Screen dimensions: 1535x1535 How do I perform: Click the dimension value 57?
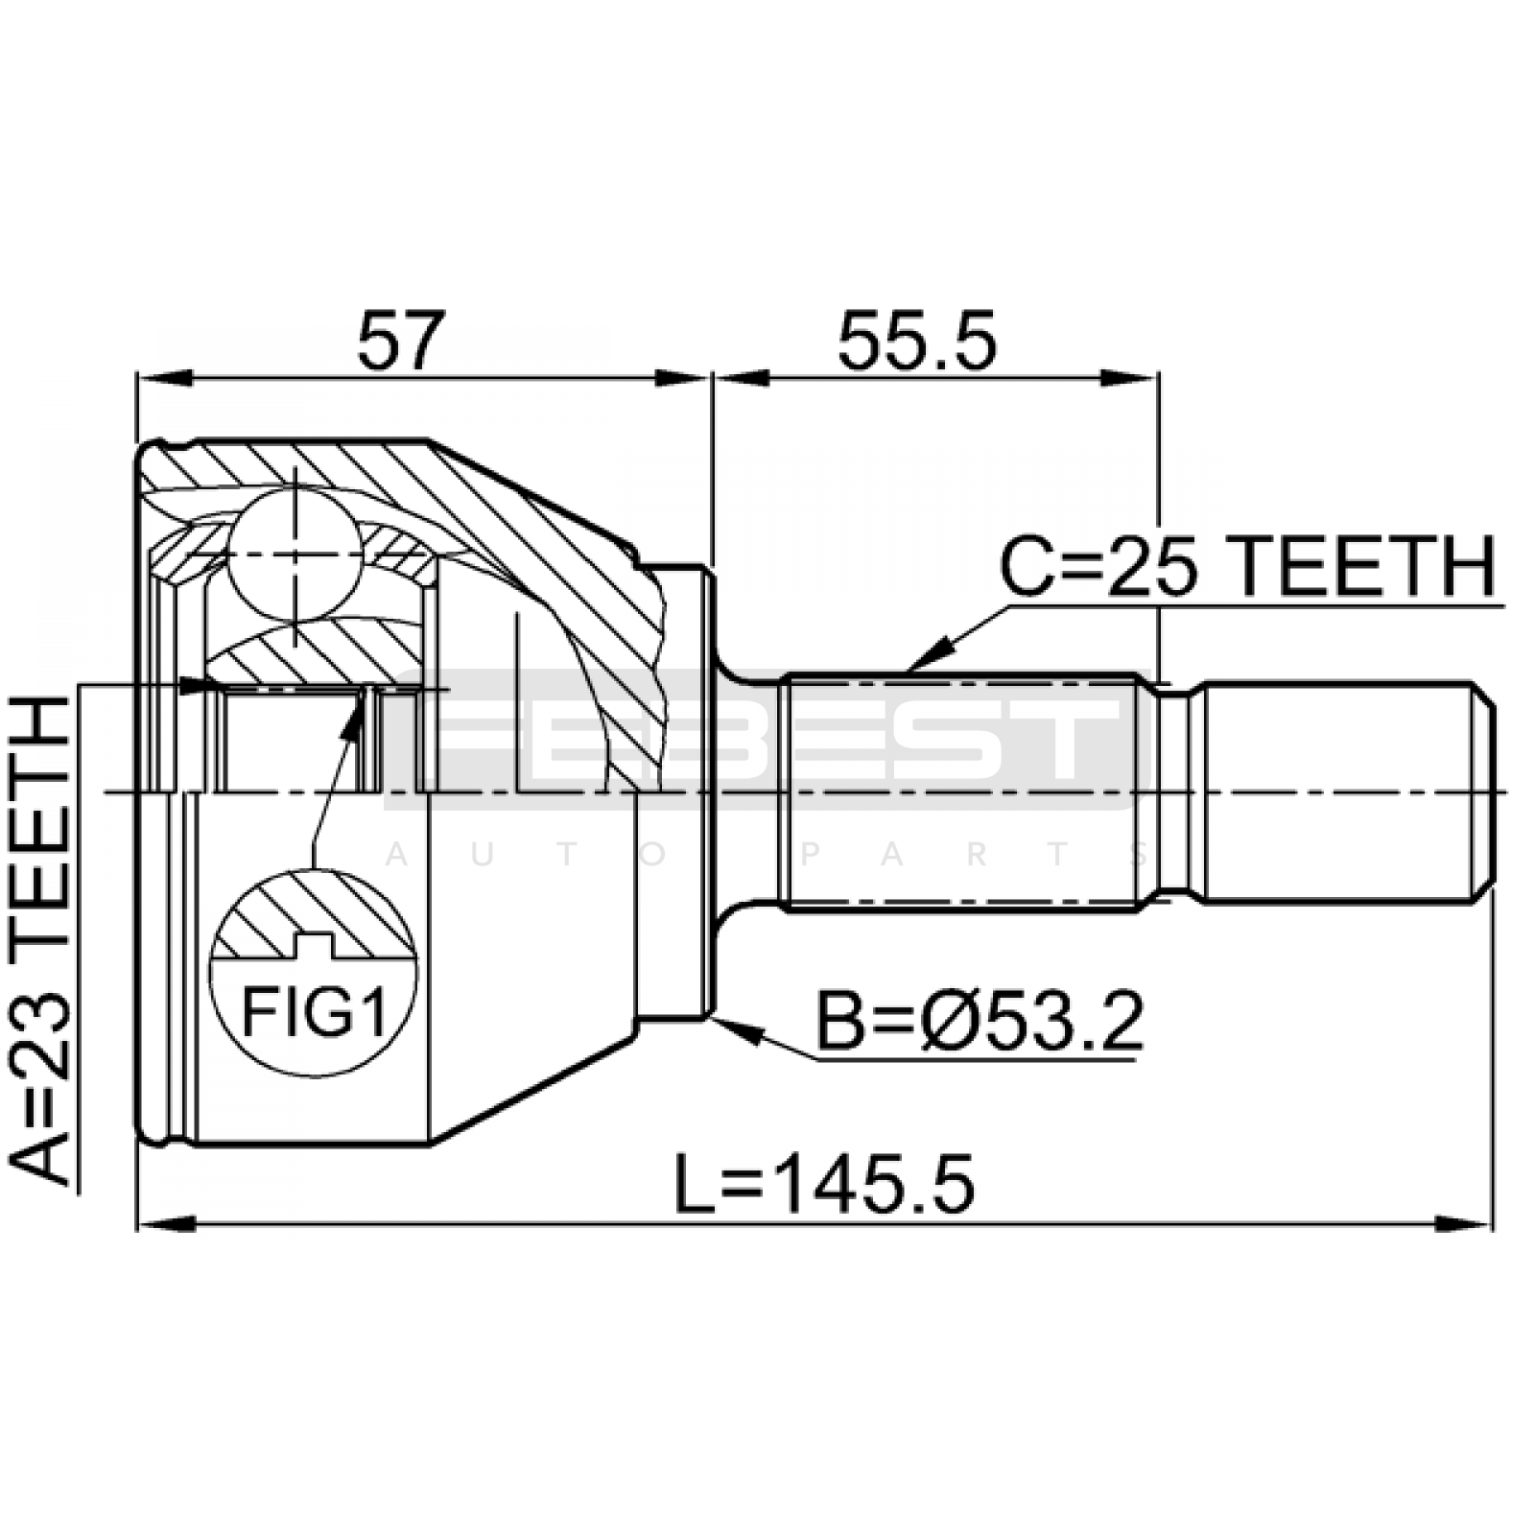pyautogui.click(x=402, y=340)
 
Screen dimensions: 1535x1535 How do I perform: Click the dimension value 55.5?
pyautogui.click(x=917, y=340)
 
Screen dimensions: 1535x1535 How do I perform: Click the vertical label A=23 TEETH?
pyautogui.click(x=41, y=940)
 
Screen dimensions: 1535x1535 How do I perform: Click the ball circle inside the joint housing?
pyautogui.click(x=295, y=554)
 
